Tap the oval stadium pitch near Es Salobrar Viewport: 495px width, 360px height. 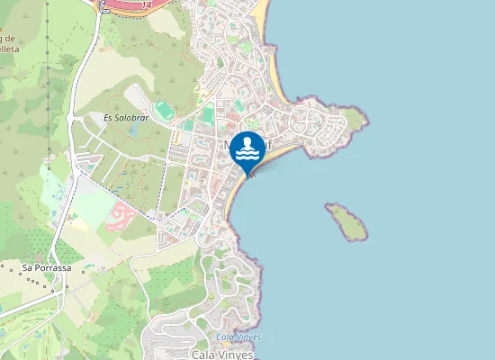point(163,112)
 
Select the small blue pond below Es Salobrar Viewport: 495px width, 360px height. point(134,131)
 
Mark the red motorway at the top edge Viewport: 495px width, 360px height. point(135,4)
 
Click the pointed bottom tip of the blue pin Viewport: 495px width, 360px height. point(251,175)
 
